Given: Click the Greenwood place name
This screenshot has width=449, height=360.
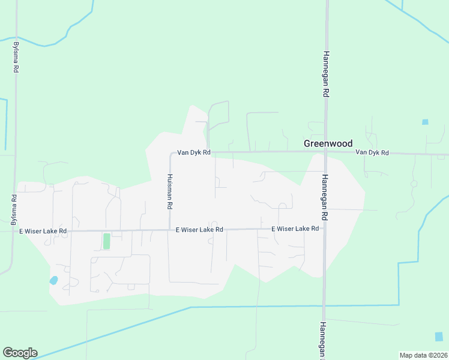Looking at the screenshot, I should coord(328,143).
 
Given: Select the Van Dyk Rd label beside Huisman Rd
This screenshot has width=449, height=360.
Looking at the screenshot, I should coord(193,152).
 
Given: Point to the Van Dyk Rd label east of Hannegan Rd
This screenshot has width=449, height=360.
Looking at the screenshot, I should coord(372,152).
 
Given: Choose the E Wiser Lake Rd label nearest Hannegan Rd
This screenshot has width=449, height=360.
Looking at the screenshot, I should coord(295,229).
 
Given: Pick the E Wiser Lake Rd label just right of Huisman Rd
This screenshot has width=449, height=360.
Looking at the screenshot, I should coord(199,230).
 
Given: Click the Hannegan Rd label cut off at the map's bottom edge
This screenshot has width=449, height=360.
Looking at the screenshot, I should coord(323,340).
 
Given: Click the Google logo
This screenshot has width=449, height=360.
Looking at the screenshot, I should coord(20,353).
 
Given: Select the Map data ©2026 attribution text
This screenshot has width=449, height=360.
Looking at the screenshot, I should coord(423,355).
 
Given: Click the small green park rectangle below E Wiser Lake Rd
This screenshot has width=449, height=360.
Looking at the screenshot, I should coord(107,241).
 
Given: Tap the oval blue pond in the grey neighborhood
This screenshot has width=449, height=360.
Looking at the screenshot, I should coord(53,280).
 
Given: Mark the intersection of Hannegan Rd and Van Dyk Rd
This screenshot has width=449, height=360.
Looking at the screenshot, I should coord(325,152).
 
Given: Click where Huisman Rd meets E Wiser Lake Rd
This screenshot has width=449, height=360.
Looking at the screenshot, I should coord(168,230).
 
